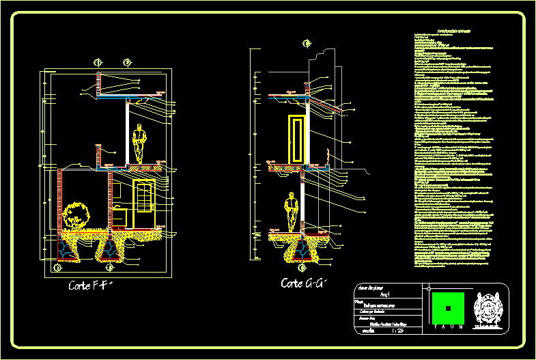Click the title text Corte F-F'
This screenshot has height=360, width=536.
(89, 285)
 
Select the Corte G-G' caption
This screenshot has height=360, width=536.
(304, 283)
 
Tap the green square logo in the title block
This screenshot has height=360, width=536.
(447, 308)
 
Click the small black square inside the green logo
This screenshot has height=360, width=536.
(447, 308)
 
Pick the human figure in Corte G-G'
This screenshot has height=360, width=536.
(292, 211)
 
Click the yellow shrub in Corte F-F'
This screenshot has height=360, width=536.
(76, 214)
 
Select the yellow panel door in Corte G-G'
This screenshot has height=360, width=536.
(296, 139)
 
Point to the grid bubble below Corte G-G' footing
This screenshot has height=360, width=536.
(302, 268)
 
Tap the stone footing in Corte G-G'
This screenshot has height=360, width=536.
(301, 250)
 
